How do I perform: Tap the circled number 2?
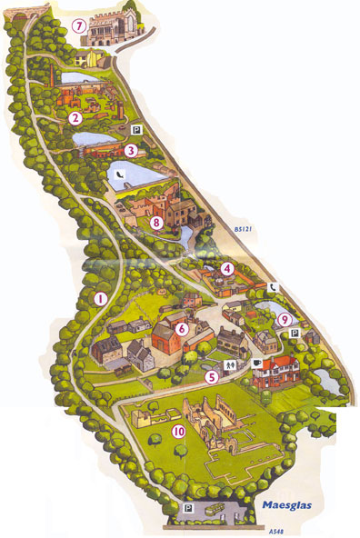click(75, 117)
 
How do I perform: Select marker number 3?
click(131, 151)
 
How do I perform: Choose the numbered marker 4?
click(181, 329)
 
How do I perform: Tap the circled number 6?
click(181, 329)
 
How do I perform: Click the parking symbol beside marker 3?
click(135, 129)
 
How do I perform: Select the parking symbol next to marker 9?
click(293, 334)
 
